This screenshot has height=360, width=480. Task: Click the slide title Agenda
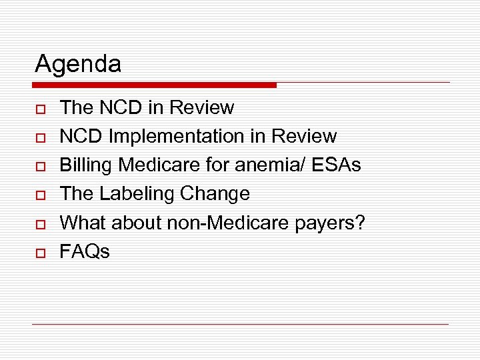[x=78, y=64]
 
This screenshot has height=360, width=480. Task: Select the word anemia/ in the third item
[x=270, y=165]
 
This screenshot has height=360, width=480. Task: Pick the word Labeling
[x=135, y=194]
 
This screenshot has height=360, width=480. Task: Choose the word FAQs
[x=85, y=251]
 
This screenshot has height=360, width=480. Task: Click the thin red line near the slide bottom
[x=240, y=325]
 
